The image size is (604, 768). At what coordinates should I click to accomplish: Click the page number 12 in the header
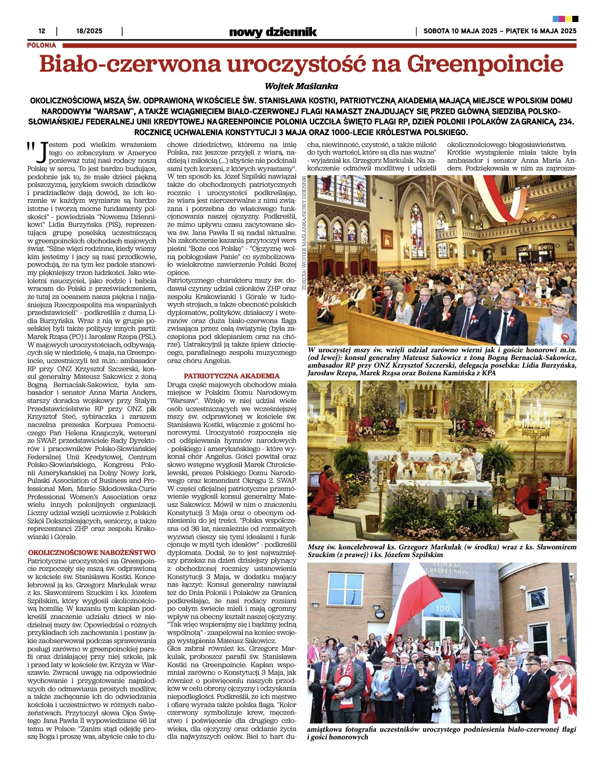pos(42,31)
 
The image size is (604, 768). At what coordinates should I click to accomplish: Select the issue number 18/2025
pos(89,31)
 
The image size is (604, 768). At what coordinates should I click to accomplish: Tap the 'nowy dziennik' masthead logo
pos(273,32)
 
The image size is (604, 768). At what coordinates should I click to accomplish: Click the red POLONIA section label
pos(41,46)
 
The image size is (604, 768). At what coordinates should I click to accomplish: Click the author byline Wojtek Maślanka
pos(301,86)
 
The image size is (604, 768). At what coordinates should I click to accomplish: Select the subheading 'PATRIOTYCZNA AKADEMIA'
pos(232,376)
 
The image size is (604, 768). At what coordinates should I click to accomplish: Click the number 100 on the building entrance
pos(442,609)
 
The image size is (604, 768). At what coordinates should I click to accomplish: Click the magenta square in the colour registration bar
pos(562,19)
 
